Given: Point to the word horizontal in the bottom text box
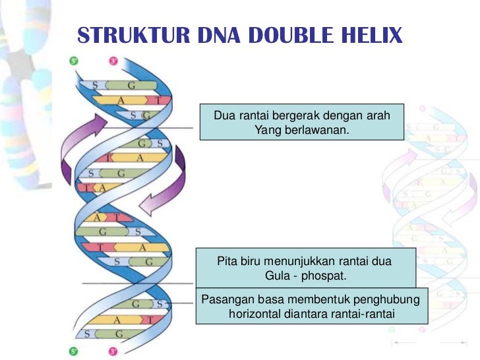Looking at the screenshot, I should (258, 314).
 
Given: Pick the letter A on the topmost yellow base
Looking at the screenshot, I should (121, 100).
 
